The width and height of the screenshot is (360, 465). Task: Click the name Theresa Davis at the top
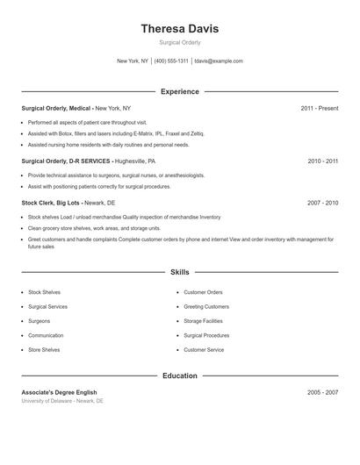[x=179, y=28]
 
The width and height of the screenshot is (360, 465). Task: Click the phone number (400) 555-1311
[x=171, y=61]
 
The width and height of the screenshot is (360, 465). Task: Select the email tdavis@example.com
[x=219, y=61]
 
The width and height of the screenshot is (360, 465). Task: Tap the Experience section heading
[x=179, y=91]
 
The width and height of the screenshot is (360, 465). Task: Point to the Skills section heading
[x=179, y=272]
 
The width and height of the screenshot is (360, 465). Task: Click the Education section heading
[x=179, y=376]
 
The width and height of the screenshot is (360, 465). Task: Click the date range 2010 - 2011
[x=322, y=161]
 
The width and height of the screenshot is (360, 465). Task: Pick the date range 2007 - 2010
[x=322, y=203]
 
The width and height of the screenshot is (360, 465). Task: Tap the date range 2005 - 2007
[x=322, y=392]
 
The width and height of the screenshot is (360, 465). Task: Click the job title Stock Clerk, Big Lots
[x=52, y=203]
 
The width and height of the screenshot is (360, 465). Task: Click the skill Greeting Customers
[x=205, y=306]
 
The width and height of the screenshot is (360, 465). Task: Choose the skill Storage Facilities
[x=204, y=321]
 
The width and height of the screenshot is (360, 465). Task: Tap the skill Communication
[x=46, y=335]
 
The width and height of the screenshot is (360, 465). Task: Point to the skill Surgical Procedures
[x=206, y=335]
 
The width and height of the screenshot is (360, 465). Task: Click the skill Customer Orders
[x=203, y=292]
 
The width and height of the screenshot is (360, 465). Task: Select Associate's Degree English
[x=59, y=392]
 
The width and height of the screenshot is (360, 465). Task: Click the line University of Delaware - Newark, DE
[x=62, y=401]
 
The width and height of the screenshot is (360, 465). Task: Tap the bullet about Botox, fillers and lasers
[x=115, y=133]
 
